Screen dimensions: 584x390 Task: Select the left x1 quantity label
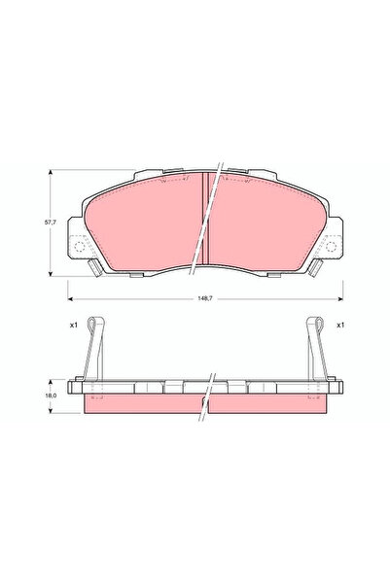click(73, 325)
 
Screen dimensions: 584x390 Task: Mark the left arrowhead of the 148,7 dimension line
click(71, 292)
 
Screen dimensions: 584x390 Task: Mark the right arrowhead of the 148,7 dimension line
click(339, 292)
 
